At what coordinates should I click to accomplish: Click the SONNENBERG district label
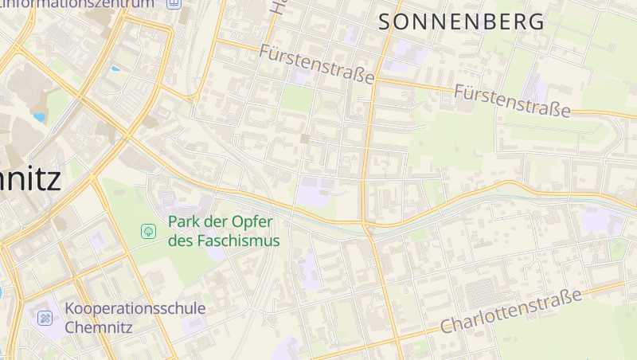pyautogui.click(x=462, y=22)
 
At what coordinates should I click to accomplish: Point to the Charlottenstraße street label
pyautogui.click(x=510, y=311)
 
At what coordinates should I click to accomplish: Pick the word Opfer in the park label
pyautogui.click(x=254, y=221)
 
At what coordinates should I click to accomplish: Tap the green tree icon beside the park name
pyautogui.click(x=148, y=231)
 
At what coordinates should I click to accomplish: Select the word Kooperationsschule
pyautogui.click(x=135, y=308)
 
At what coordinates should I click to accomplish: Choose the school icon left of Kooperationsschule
pyautogui.click(x=45, y=318)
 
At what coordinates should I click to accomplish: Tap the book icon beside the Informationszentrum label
pyautogui.click(x=174, y=3)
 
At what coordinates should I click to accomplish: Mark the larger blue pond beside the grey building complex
pyautogui.click(x=39, y=117)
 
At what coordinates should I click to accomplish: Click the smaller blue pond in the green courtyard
pyautogui.click(x=115, y=68)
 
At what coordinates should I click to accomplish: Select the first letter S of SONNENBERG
pyautogui.click(x=385, y=22)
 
